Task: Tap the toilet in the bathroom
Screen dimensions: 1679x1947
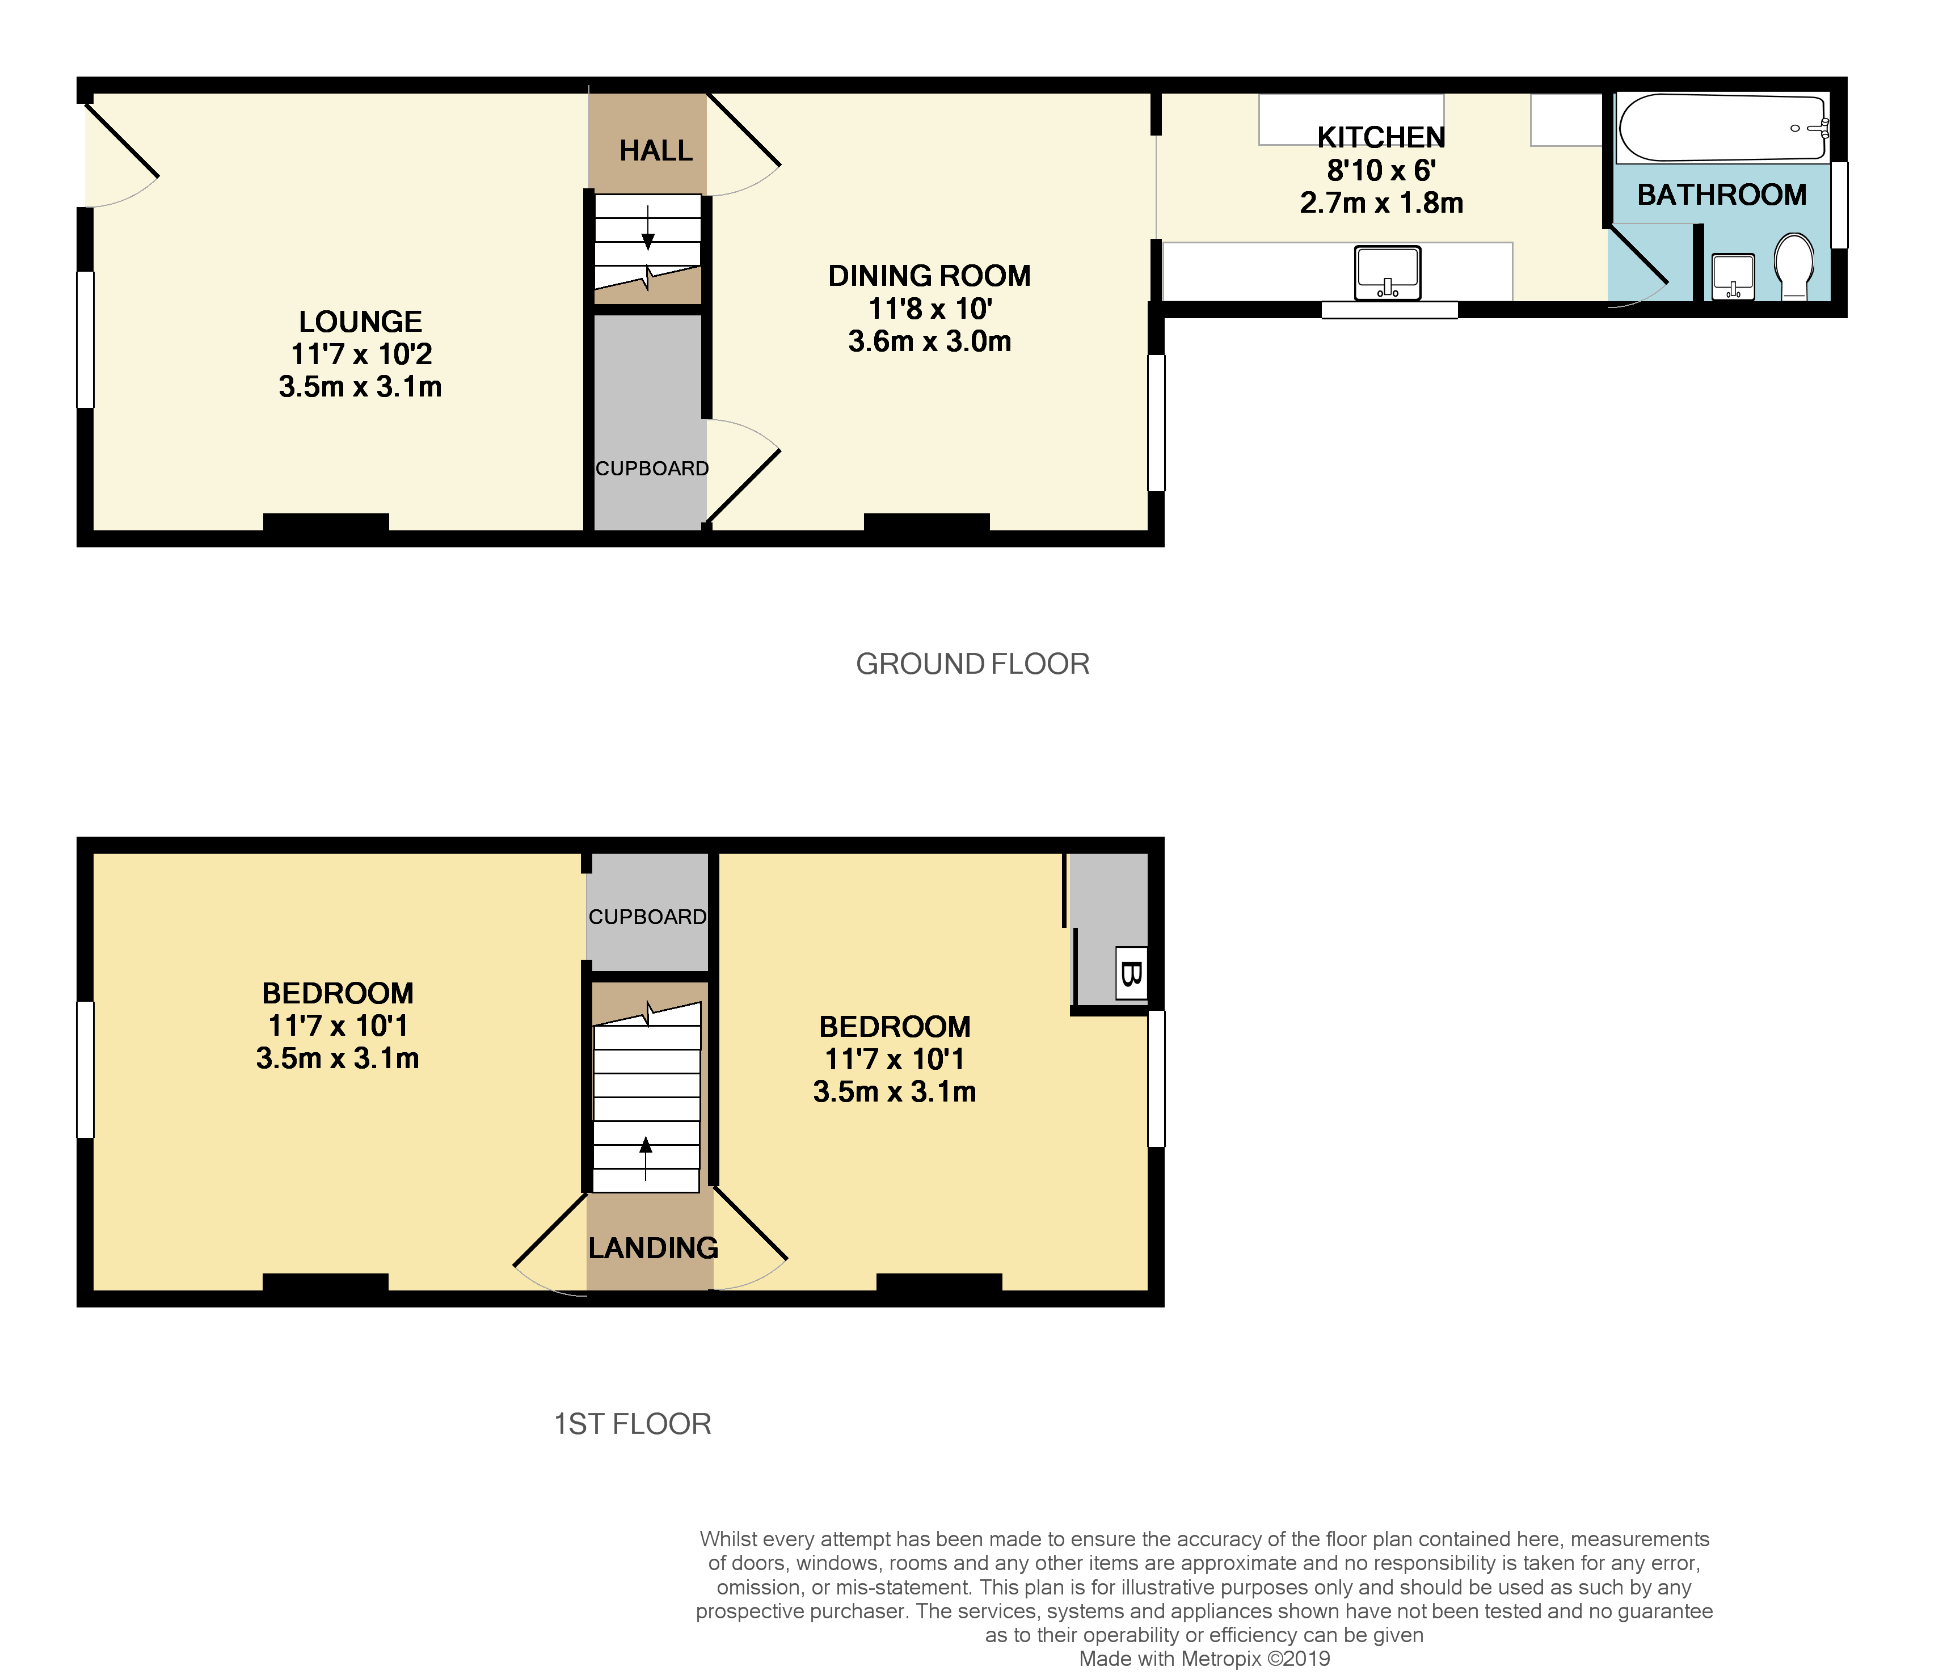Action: tap(1794, 266)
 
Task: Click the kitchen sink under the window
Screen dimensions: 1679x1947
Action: tap(1387, 272)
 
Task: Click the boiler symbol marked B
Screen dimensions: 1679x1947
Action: tap(1131, 973)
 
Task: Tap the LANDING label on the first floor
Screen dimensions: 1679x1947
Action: tap(653, 1248)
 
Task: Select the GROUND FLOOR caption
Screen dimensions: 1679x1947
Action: tap(972, 664)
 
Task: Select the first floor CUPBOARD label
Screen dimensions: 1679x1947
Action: tap(647, 917)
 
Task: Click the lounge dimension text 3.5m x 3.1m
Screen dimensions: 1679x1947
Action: tap(360, 387)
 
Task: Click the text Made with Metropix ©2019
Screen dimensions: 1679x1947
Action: tap(1204, 1659)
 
